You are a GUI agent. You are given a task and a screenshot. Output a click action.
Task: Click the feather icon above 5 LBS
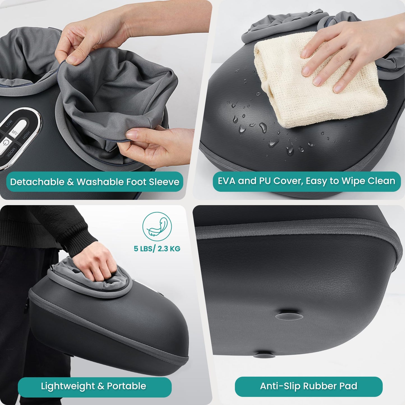click(157, 226)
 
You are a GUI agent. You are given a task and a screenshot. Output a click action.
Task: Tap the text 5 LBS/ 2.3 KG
click(157, 249)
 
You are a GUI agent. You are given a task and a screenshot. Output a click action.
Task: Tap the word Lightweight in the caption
click(68, 386)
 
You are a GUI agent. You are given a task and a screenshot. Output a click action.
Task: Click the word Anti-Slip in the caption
click(281, 386)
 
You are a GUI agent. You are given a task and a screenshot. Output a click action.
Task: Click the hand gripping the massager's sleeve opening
click(95, 262)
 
